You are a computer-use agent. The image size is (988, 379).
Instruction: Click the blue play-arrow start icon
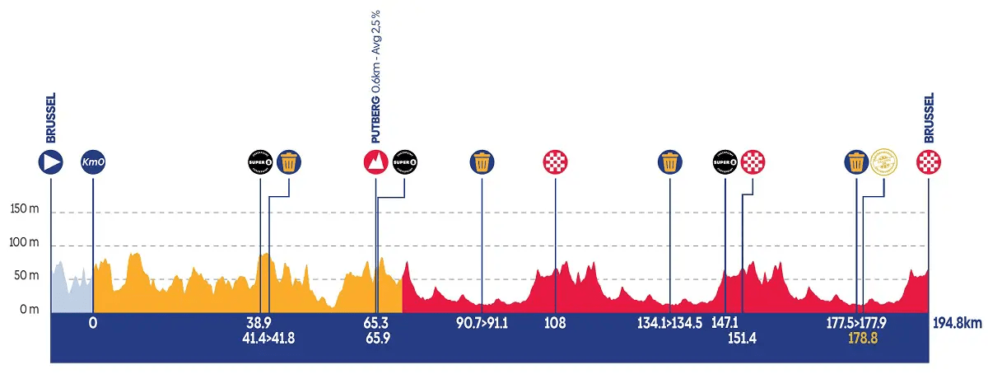click(51, 161)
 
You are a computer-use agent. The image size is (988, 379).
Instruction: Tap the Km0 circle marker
click(93, 161)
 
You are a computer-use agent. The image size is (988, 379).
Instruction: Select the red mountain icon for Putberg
click(375, 161)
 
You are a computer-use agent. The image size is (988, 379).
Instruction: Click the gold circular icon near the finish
click(883, 161)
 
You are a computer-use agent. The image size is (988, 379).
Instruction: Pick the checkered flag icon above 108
click(556, 161)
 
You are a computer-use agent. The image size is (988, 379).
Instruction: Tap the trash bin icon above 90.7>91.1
click(482, 161)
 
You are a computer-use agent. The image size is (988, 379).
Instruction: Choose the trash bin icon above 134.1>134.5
click(671, 161)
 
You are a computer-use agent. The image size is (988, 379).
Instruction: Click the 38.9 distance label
click(259, 324)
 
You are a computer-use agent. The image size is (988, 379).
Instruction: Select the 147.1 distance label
click(725, 324)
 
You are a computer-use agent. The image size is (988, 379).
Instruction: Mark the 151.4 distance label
click(743, 338)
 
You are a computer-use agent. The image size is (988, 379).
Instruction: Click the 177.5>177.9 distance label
click(857, 324)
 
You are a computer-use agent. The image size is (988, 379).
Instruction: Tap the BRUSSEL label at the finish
click(929, 119)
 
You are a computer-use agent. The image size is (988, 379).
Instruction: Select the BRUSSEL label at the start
click(51, 119)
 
